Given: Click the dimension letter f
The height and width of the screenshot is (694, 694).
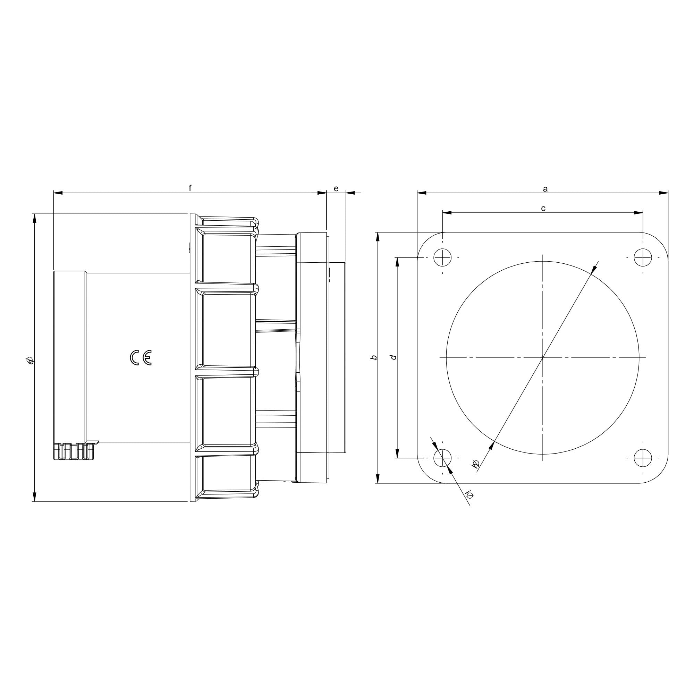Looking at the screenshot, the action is (190, 188).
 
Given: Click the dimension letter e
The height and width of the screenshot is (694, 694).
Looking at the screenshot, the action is (336, 188).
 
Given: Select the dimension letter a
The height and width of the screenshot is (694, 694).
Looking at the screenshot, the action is (545, 189).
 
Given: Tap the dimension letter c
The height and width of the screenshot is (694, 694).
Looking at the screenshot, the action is (543, 209).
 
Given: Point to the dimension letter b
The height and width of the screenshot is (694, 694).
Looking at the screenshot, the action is (374, 357).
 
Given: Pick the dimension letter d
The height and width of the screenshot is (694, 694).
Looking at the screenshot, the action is (394, 357).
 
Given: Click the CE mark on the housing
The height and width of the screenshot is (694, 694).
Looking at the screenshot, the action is (141, 357).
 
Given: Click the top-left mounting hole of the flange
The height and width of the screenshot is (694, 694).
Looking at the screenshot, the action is (442, 257).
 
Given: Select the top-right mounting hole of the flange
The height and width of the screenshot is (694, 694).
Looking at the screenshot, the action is (643, 257).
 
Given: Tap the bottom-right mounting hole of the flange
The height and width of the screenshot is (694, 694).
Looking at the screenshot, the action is (643, 458).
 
